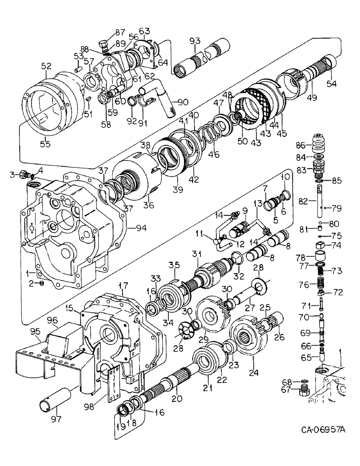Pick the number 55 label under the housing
point(45,139)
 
